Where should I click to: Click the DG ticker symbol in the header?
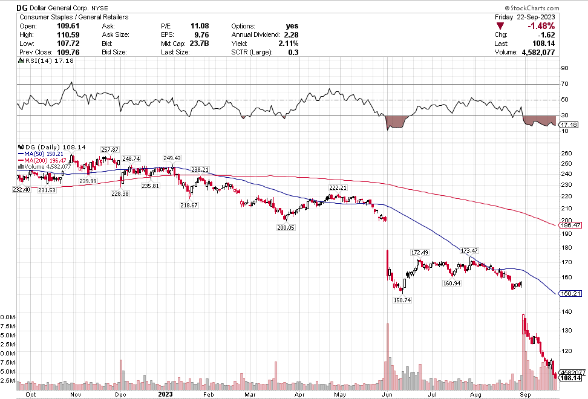[23, 8]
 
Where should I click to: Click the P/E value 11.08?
[200, 27]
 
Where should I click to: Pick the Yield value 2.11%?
[288, 44]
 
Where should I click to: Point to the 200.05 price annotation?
[286, 227]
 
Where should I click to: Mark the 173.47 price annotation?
[469, 251]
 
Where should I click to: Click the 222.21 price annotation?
[338, 188]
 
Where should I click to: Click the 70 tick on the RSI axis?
[564, 83]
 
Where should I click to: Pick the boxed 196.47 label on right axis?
[572, 225]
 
